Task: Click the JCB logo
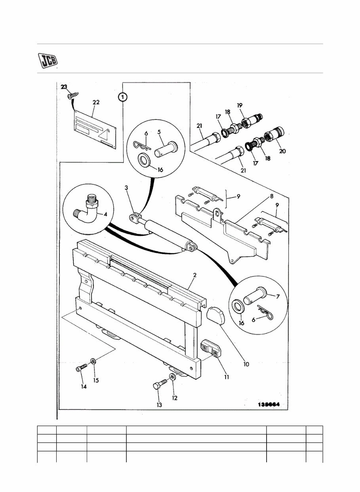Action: pyautogui.click(x=48, y=61)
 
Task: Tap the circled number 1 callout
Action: pyautogui.click(x=123, y=97)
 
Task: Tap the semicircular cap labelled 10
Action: pyautogui.click(x=216, y=317)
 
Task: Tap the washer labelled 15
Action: pyautogui.click(x=93, y=361)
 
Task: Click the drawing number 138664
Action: pyautogui.click(x=268, y=405)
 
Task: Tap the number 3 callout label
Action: pyautogui.click(x=126, y=199)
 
